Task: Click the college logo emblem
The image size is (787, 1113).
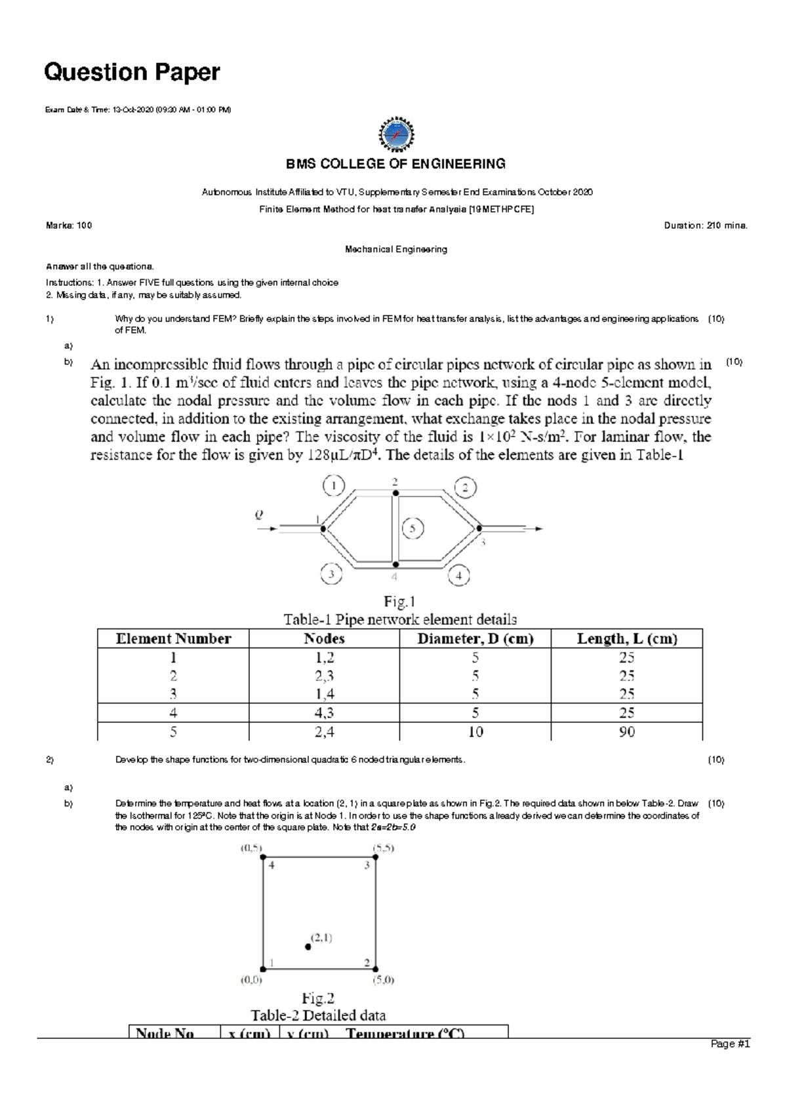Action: pos(396,134)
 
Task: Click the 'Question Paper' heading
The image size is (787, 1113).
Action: pos(131,72)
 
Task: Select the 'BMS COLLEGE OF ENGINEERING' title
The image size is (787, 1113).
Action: pos(394,164)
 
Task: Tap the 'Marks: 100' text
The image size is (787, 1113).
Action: pos(69,225)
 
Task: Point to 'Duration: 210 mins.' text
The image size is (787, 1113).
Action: pos(706,225)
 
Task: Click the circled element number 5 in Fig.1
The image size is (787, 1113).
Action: pos(413,528)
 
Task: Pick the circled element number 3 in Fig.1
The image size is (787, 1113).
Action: pos(332,575)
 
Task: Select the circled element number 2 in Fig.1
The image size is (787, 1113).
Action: pos(465,488)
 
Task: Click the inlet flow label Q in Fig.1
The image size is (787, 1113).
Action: pos(258,515)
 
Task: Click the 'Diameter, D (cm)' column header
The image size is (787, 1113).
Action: pos(475,638)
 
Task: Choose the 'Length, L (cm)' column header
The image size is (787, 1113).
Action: pos(626,638)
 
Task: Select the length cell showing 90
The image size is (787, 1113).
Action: pos(626,732)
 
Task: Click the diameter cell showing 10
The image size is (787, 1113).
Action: pos(475,732)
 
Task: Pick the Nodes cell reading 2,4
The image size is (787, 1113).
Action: pos(324,732)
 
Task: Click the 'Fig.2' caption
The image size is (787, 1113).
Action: pos(318,998)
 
